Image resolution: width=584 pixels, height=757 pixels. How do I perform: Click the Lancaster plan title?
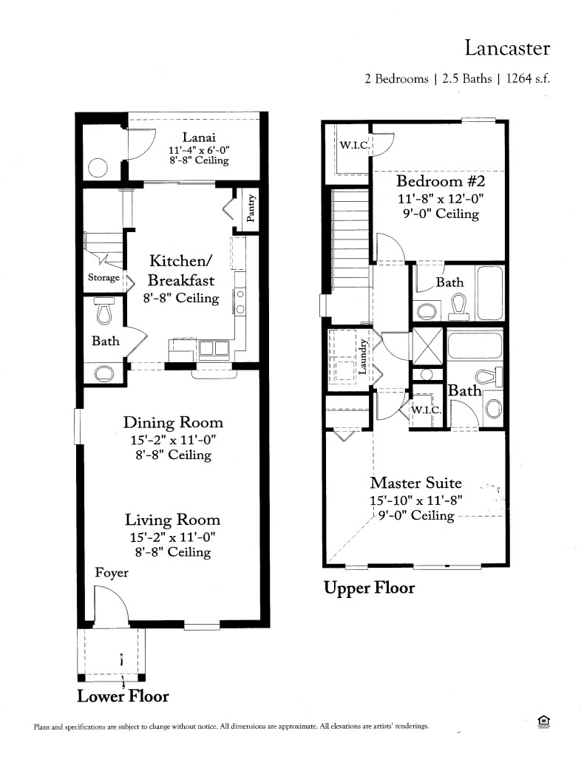click(507, 48)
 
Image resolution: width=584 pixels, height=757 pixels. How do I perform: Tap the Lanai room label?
click(199, 137)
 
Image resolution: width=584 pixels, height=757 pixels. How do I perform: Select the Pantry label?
click(251, 208)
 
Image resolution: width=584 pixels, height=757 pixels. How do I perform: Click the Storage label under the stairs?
click(103, 278)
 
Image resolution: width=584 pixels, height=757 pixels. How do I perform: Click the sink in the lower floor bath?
click(104, 373)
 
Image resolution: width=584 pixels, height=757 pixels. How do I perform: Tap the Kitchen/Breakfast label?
click(181, 271)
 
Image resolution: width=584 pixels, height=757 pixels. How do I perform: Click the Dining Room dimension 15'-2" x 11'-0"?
click(173, 440)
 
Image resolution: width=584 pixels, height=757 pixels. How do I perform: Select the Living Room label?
click(173, 520)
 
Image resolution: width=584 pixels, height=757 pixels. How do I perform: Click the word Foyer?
click(112, 573)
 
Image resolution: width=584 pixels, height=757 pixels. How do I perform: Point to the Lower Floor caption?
click(123, 696)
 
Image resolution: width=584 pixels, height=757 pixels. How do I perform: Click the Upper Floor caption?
click(369, 588)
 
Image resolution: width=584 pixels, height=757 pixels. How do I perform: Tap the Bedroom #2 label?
click(441, 181)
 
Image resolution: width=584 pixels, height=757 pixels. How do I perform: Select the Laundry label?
click(363, 356)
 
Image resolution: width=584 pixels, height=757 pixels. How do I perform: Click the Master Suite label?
click(416, 483)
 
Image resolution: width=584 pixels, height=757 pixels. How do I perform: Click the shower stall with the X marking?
click(427, 346)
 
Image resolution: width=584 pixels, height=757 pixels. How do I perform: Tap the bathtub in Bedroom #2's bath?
click(490, 293)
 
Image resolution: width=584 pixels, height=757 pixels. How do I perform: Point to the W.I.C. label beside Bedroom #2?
click(355, 145)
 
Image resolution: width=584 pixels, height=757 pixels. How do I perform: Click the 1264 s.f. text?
click(528, 78)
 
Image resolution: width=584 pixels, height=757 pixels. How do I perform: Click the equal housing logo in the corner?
click(544, 722)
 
